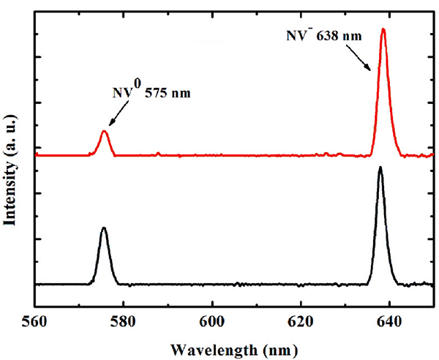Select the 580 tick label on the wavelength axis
click(x=124, y=322)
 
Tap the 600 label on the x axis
click(x=212, y=322)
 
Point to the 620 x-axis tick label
click(x=301, y=322)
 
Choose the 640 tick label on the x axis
click(x=389, y=322)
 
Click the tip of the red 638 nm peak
click(x=383, y=29)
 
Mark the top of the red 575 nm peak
click(x=105, y=131)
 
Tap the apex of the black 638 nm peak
click(x=380, y=167)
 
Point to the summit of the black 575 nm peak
click(x=104, y=228)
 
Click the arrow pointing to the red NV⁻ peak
click(x=359, y=58)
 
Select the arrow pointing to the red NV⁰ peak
click(x=119, y=113)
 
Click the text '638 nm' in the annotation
click(x=339, y=36)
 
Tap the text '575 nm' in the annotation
click(x=168, y=93)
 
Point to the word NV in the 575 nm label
click(x=122, y=93)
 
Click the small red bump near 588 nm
click(x=158, y=153)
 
